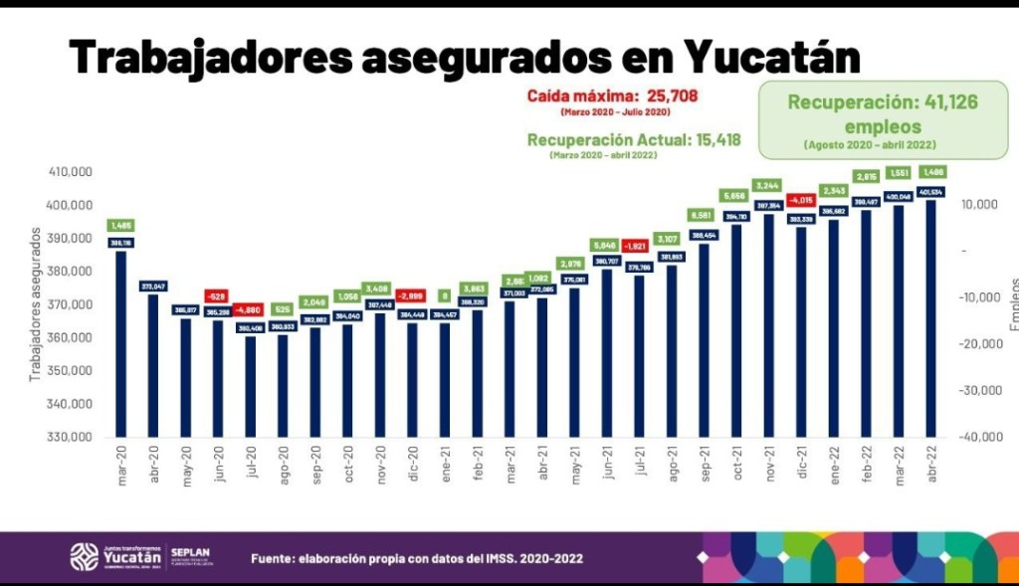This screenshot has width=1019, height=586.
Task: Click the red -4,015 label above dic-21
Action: pyautogui.click(x=801, y=200)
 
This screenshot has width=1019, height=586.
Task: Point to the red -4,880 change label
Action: pyautogui.click(x=250, y=309)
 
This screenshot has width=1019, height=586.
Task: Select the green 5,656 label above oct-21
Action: pyautogui.click(x=736, y=195)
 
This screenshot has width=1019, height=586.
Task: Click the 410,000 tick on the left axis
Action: pyautogui.click(x=70, y=172)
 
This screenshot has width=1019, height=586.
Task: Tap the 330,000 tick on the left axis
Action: pyautogui.click(x=70, y=437)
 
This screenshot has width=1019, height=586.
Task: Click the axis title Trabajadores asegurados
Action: pyautogui.click(x=35, y=304)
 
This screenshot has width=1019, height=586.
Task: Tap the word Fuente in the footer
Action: pyautogui.click(x=272, y=558)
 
